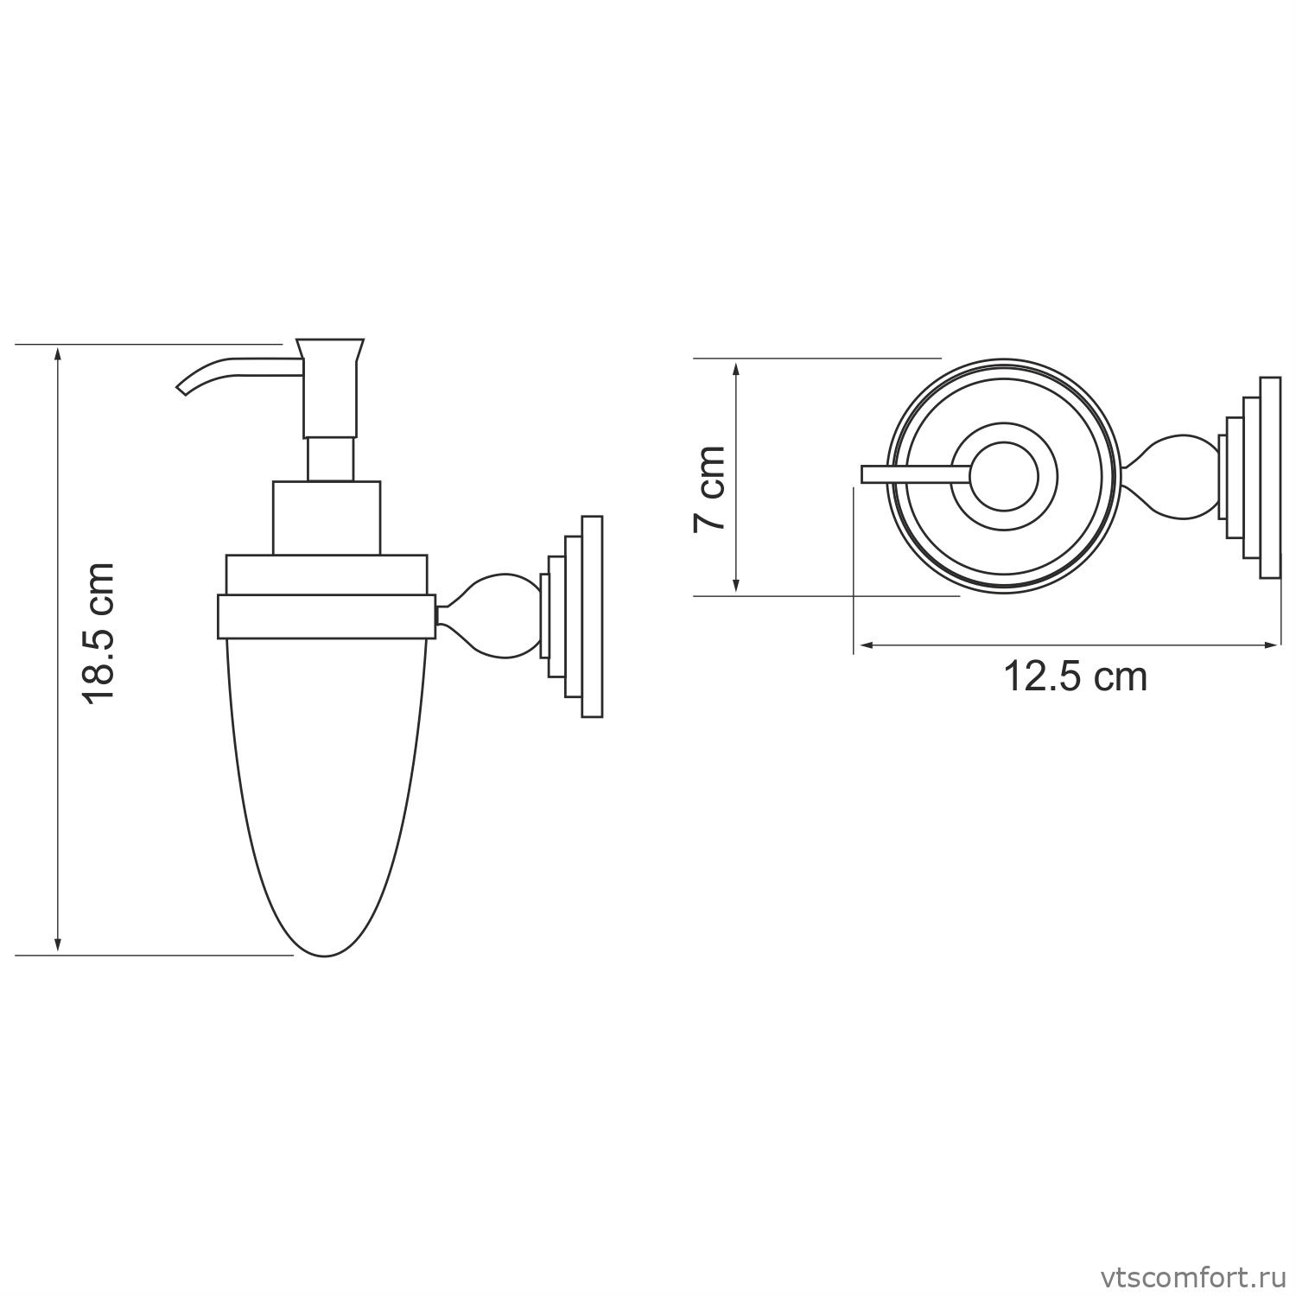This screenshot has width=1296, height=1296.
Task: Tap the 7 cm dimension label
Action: pos(710,489)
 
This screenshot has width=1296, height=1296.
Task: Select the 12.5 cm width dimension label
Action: pos(1074,677)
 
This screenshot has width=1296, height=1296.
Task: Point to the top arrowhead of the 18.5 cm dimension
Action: pos(58,353)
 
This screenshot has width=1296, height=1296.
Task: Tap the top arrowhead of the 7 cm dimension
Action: pos(736,366)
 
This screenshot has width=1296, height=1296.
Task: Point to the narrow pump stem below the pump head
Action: pos(331,459)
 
